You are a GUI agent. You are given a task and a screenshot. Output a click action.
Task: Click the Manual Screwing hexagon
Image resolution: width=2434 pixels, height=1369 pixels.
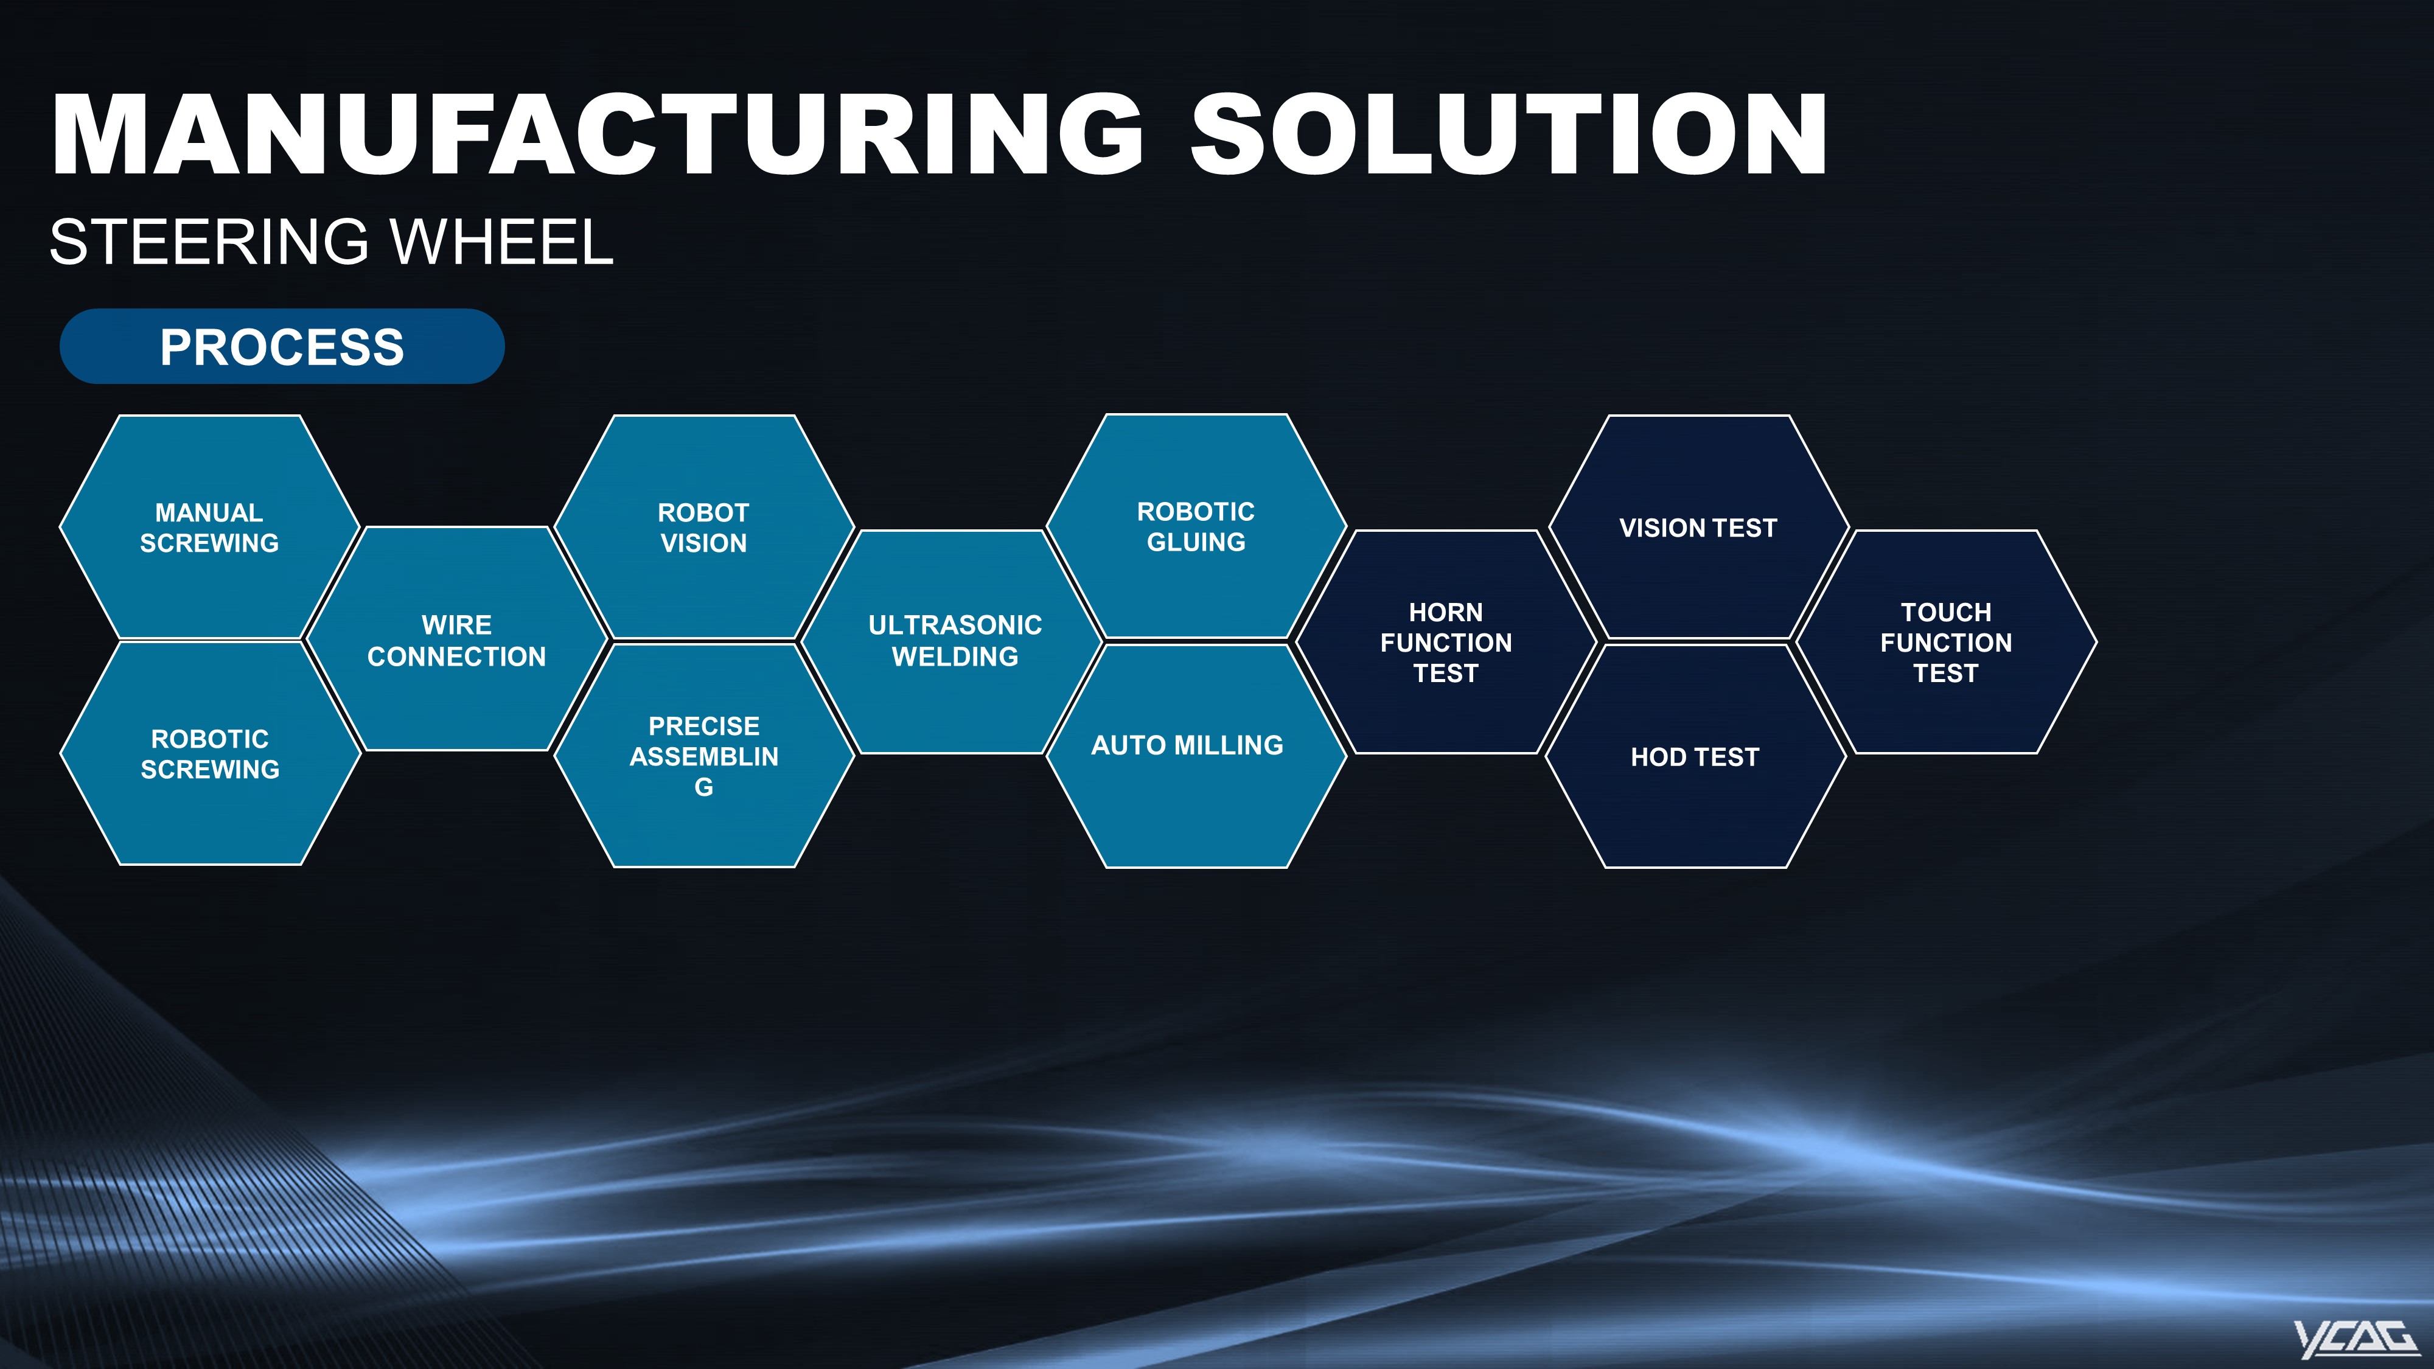pyautogui.click(x=209, y=527)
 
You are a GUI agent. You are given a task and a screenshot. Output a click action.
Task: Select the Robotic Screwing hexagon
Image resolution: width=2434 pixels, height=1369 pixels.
pyautogui.click(x=210, y=753)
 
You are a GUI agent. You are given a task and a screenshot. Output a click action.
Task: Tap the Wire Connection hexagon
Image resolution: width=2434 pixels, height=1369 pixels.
pyautogui.click(x=456, y=639)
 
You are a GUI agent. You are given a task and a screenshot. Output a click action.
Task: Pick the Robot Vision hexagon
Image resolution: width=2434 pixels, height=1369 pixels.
pyautogui.click(x=704, y=527)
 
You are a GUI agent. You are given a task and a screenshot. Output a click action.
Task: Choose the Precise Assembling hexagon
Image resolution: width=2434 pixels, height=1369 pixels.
pyautogui.click(x=704, y=756)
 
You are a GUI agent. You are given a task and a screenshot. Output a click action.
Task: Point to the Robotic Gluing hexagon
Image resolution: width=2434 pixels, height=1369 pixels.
pyautogui.click(x=1196, y=526)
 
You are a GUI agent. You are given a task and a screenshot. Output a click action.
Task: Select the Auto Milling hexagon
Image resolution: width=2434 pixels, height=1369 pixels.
pyautogui.click(x=1196, y=756)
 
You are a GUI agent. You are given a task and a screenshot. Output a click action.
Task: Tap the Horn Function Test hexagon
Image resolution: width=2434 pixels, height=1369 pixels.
pyautogui.click(x=1446, y=641)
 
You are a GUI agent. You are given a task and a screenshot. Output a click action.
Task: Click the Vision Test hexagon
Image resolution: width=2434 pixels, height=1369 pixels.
pyautogui.click(x=1698, y=527)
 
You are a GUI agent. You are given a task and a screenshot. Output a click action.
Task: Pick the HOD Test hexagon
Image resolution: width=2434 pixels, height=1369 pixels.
pyautogui.click(x=1696, y=756)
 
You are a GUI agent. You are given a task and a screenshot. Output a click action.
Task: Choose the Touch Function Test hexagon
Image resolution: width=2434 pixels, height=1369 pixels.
pyautogui.click(x=1945, y=641)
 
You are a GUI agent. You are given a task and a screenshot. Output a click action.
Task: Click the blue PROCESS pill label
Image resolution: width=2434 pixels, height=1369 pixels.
pyautogui.click(x=282, y=346)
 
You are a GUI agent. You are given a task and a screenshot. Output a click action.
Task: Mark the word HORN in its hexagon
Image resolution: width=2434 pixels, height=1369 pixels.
pyautogui.click(x=1446, y=612)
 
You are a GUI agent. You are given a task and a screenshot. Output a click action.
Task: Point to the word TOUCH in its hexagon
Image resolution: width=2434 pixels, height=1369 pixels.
pyautogui.click(x=1945, y=612)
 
